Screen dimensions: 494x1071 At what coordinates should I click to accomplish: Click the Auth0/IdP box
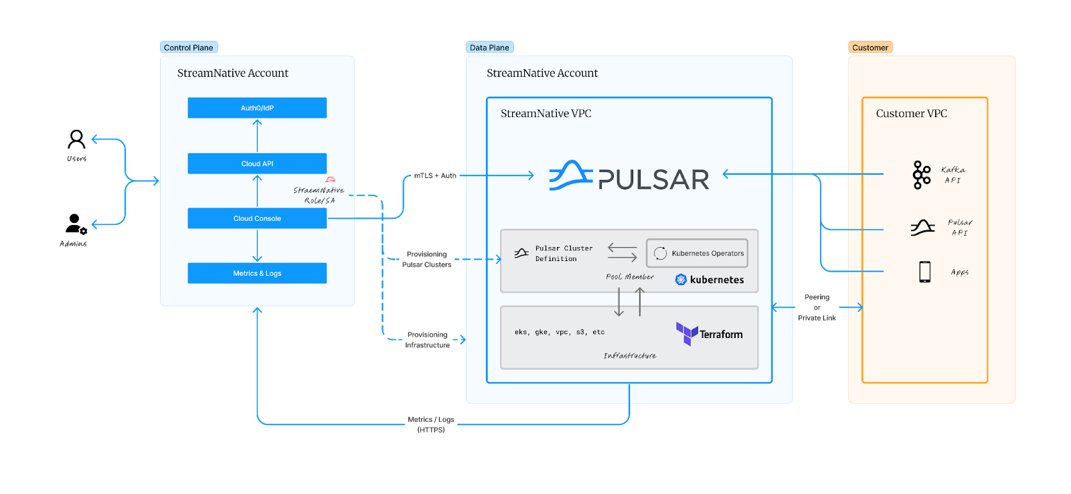coord(257,108)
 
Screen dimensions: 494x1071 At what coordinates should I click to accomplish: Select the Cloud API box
coord(257,163)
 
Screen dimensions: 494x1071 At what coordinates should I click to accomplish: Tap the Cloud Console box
coord(257,218)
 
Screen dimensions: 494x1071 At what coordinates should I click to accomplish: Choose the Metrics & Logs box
coord(257,273)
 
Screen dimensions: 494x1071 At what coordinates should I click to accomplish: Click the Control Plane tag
coord(189,48)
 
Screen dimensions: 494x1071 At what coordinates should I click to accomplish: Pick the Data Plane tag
coord(489,48)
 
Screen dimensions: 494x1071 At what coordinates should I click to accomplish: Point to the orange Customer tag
coord(870,48)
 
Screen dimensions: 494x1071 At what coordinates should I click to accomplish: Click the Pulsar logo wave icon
coord(570,175)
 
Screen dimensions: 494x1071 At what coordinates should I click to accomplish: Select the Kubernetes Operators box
coord(697,253)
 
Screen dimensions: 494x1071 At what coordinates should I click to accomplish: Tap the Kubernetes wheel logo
coord(681,280)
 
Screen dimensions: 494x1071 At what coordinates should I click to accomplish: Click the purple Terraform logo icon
coord(687,333)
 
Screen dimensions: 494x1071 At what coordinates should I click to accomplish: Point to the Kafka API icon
coord(922,175)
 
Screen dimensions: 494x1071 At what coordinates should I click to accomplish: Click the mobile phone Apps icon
coord(924,272)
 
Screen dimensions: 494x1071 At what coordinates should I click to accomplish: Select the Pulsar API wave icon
coord(922,228)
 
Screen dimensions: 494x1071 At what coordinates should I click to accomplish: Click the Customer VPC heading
coord(911,114)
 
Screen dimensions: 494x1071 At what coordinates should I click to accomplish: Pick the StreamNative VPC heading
coord(546,114)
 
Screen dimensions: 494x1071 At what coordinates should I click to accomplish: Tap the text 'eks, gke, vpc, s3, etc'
coord(559,332)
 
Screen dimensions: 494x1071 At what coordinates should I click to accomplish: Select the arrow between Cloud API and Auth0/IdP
coord(257,135)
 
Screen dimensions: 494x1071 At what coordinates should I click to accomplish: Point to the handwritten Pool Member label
coord(629,276)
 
